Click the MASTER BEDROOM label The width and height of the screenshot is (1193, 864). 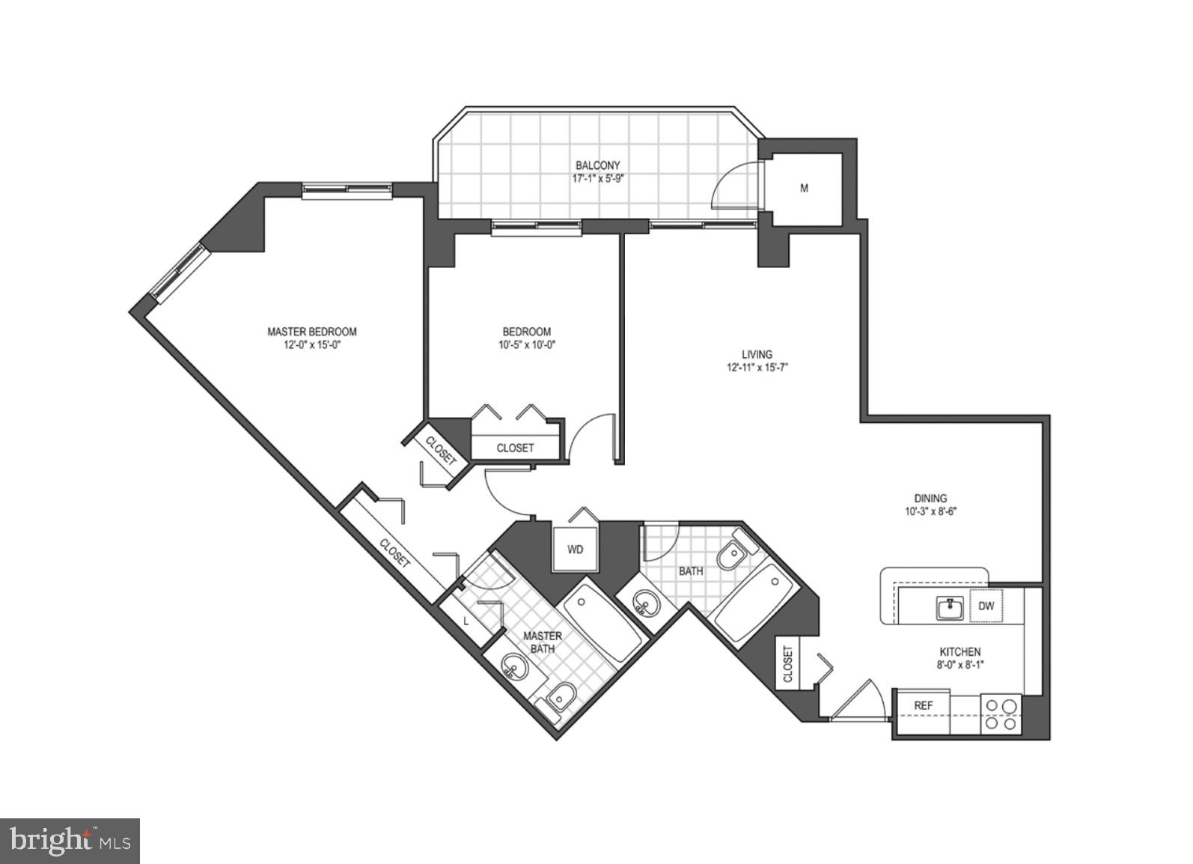tap(311, 332)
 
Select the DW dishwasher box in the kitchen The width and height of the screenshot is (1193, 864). tap(986, 606)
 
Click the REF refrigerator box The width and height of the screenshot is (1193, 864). tap(924, 705)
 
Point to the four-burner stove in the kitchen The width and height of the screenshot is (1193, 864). tap(1001, 714)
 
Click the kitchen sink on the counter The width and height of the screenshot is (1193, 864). tap(949, 607)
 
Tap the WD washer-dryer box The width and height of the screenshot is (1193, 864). tap(575, 550)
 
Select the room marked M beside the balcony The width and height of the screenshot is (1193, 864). tap(805, 188)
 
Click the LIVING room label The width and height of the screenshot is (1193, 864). tap(757, 354)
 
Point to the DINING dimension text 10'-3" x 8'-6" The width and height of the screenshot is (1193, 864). tap(930, 512)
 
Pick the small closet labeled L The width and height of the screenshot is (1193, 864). tap(467, 621)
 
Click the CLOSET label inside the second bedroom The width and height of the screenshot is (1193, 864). tap(515, 448)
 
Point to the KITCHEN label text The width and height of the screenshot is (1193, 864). tap(959, 652)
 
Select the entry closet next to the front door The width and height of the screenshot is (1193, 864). tap(788, 663)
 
